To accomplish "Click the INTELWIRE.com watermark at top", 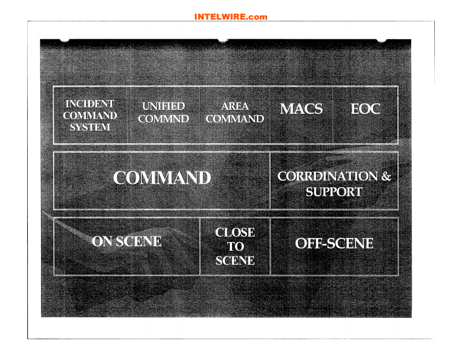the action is (230, 17).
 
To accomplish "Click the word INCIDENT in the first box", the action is (90, 104).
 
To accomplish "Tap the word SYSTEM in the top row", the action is (90, 127).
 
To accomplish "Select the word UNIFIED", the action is (163, 106).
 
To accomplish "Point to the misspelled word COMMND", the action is (163, 119).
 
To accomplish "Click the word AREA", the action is (235, 106).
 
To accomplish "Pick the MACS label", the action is (301, 109).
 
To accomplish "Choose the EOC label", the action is (366, 109).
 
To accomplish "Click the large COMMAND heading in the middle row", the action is (162, 178).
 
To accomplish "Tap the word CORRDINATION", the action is (327, 176).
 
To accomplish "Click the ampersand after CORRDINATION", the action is (386, 176).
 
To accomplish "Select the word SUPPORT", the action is (334, 192).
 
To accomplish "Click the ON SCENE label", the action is (126, 242).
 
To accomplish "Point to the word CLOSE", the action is (235, 232).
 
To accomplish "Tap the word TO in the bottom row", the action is (236, 247).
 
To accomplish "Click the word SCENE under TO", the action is (235, 261).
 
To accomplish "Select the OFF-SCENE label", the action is (334, 243).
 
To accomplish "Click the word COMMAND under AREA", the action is (235, 119).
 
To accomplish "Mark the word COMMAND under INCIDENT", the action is (90, 116).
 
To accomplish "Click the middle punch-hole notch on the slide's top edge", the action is (223, 40).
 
